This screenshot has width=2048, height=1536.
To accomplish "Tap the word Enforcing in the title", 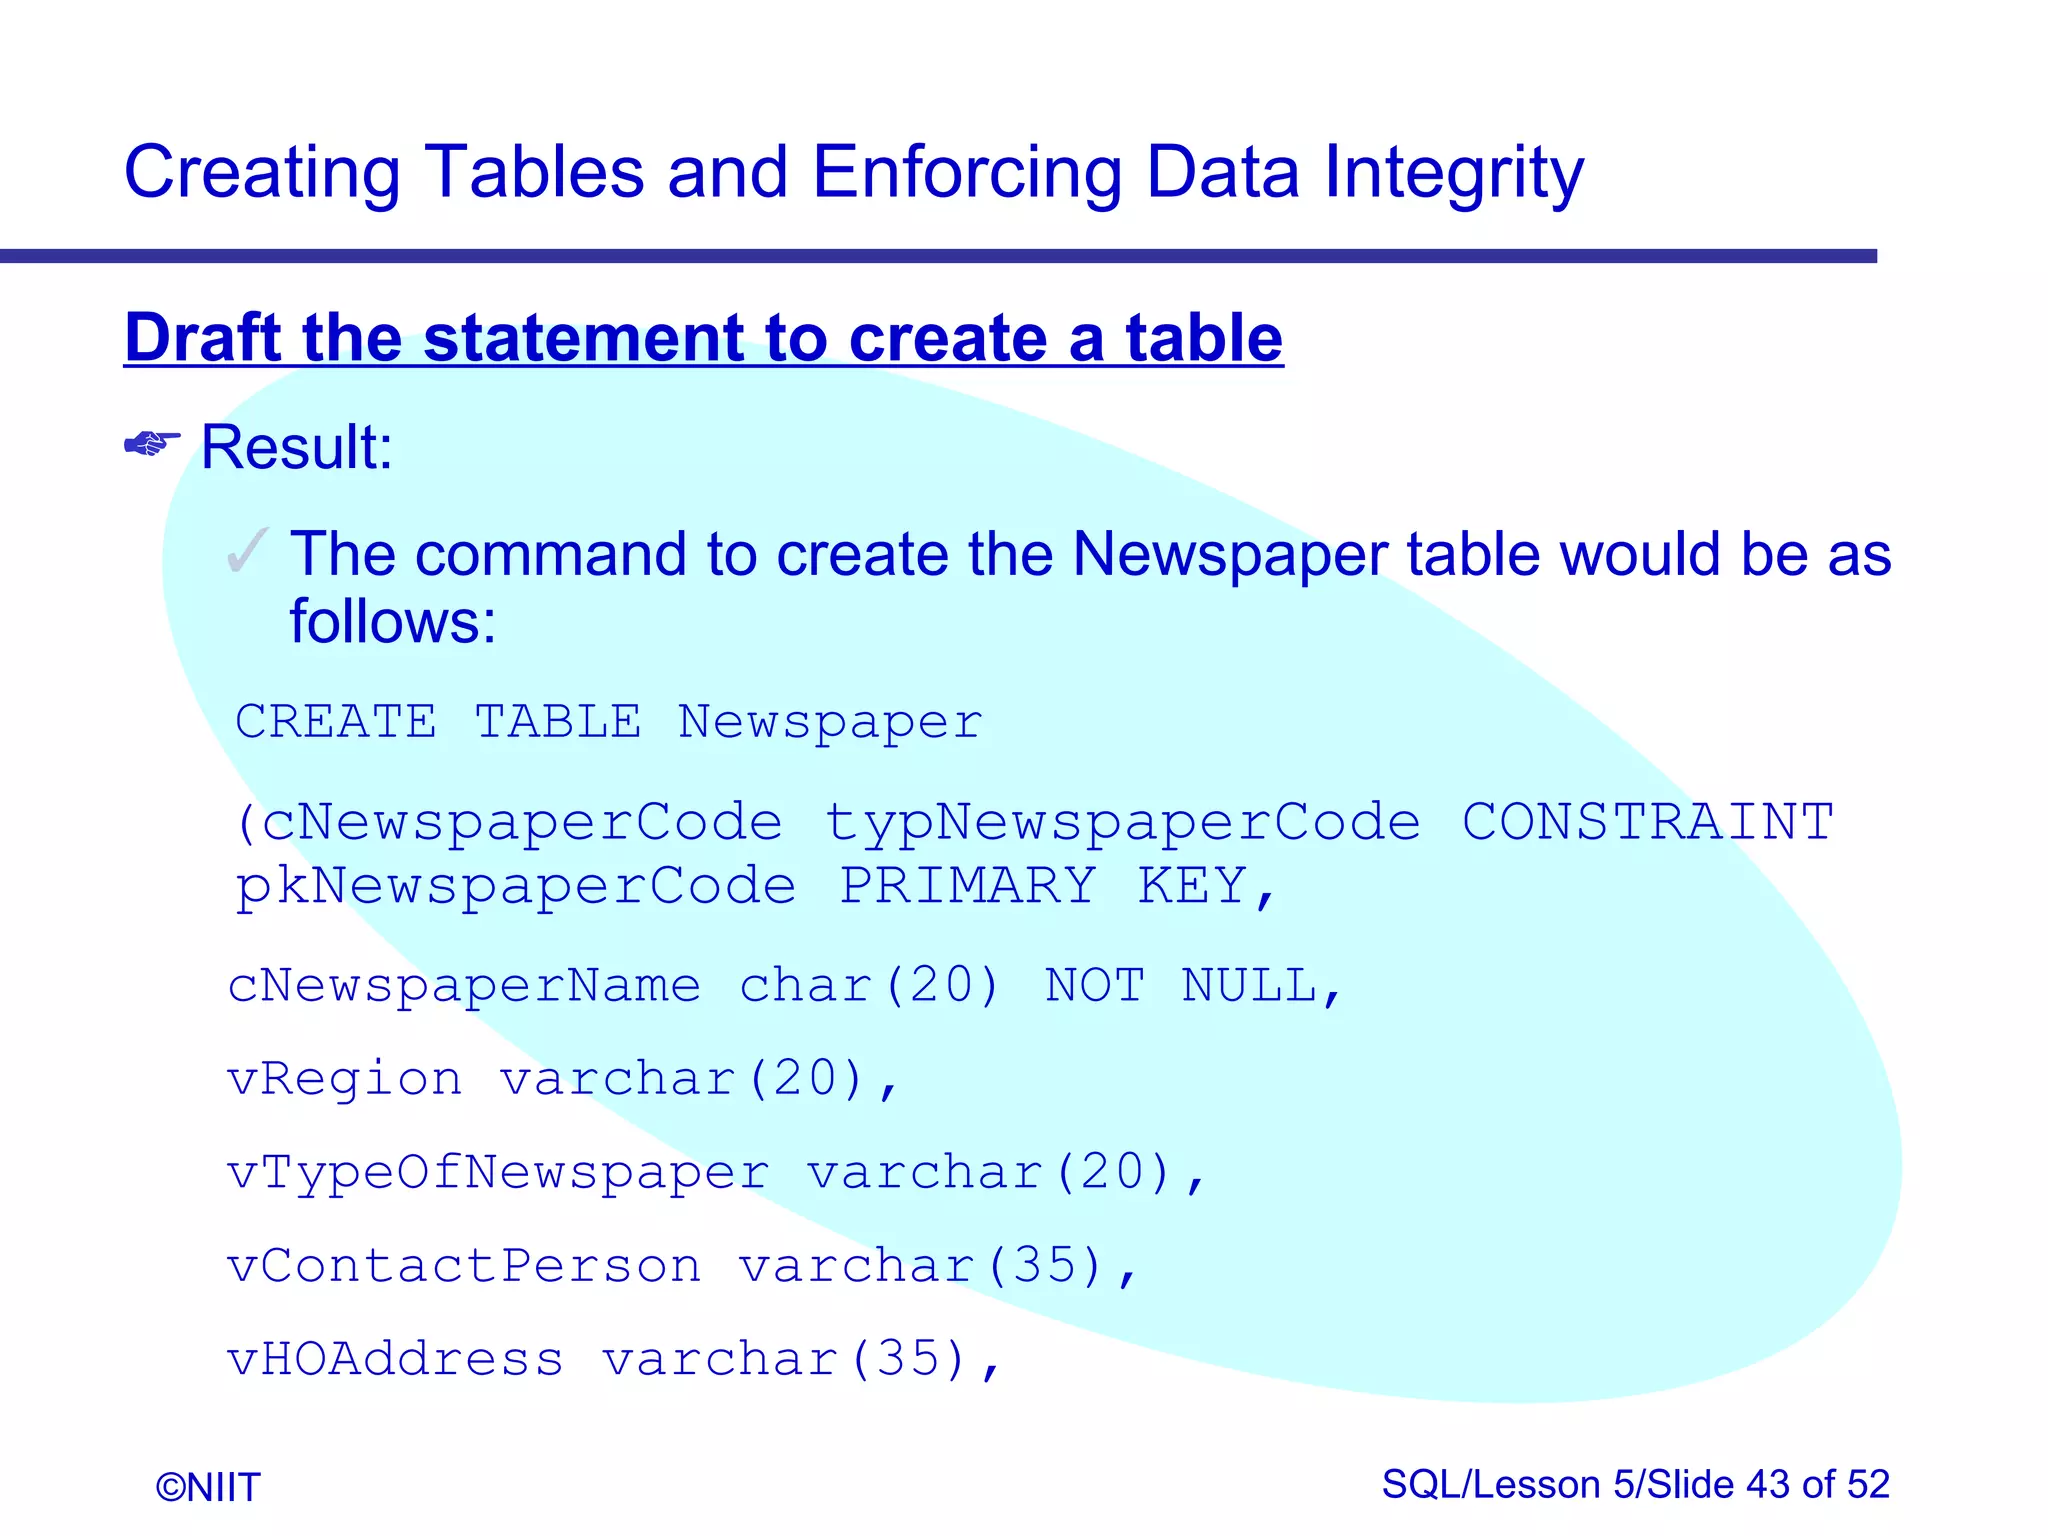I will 966,174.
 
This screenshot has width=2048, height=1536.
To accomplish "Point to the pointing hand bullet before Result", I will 152,443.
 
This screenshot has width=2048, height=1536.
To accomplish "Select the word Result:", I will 297,447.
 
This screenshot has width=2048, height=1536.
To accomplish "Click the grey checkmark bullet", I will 247,551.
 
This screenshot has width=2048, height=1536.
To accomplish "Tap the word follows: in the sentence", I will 392,622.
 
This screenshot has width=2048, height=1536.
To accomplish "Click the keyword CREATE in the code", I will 336,722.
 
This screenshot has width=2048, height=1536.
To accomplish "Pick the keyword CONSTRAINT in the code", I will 1647,822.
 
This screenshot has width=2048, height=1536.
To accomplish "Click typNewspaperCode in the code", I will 1122,824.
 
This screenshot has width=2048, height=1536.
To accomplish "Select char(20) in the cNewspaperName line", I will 869,986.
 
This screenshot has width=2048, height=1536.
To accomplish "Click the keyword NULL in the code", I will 1250,986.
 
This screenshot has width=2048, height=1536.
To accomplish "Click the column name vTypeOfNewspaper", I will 498,1173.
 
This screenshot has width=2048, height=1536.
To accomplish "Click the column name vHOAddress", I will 396,1359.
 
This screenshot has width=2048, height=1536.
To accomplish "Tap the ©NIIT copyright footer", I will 208,1487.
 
